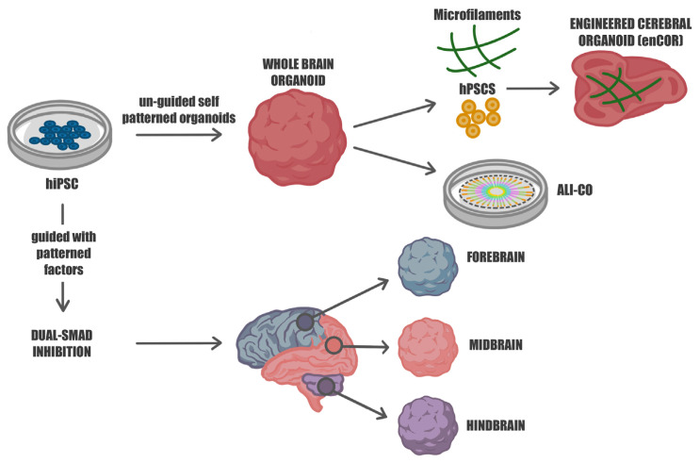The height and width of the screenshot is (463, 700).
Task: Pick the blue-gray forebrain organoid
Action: (426, 268)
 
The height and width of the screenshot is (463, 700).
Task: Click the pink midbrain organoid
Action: (427, 345)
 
